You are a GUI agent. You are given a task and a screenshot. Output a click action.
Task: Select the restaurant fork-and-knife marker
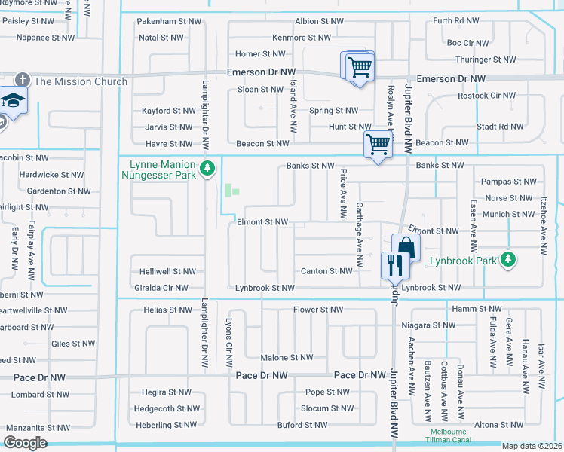click(x=394, y=265)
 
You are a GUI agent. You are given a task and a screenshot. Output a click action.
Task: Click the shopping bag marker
click(x=406, y=247)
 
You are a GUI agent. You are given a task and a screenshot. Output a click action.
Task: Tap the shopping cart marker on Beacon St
click(x=378, y=143)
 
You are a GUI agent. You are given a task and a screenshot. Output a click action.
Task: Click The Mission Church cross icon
click(x=23, y=81)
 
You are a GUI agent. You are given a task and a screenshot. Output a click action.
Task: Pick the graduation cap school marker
click(x=13, y=100)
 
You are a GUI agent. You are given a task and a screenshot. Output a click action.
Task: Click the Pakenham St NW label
click(x=161, y=22)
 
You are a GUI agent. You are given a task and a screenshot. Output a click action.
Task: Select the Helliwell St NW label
click(x=167, y=271)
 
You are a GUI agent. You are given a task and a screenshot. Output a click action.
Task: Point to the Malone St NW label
click(x=286, y=358)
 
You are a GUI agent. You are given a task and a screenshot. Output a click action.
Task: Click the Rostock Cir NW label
click(x=487, y=96)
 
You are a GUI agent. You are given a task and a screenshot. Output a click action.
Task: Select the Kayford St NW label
click(x=169, y=111)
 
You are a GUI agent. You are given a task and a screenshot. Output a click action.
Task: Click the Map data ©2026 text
click(x=532, y=446)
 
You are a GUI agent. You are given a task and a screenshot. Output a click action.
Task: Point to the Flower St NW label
click(x=317, y=310)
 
